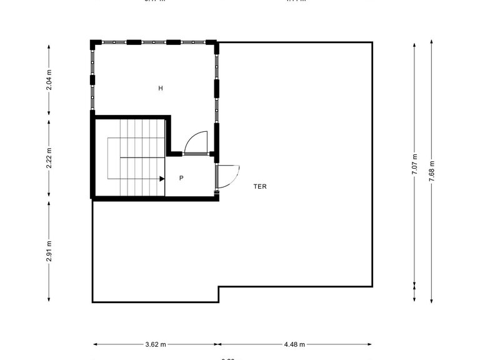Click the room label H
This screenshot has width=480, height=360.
pyautogui.click(x=161, y=89)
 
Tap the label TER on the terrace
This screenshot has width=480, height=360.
pyautogui.click(x=260, y=186)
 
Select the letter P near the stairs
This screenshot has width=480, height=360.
pyautogui.click(x=181, y=178)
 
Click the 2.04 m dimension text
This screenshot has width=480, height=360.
pyautogui.click(x=49, y=79)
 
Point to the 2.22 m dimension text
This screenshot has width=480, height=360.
pyautogui.click(x=49, y=159)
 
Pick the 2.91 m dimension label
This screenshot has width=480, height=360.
pyautogui.click(x=49, y=251)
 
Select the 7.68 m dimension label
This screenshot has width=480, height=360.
pyautogui.click(x=432, y=171)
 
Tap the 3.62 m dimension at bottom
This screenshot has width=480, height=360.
pyautogui.click(x=156, y=344)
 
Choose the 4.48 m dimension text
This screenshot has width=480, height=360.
pyautogui.click(x=294, y=344)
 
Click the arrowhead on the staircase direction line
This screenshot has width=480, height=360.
pyautogui.click(x=162, y=179)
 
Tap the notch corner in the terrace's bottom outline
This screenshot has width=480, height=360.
pyautogui.click(x=218, y=287)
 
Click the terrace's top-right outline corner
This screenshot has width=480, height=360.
pyautogui.click(x=372, y=42)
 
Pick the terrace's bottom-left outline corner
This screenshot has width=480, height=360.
pyautogui.click(x=93, y=302)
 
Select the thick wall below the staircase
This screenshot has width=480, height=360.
pyautogui.click(x=155, y=199)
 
